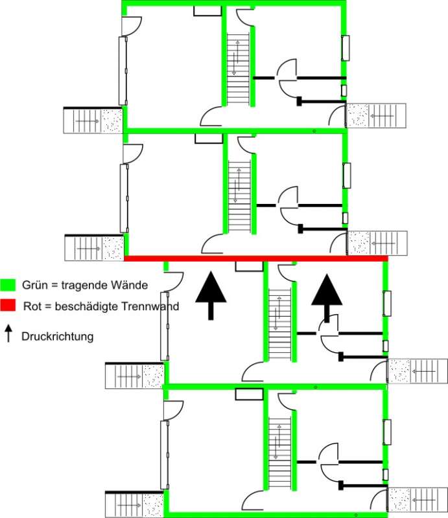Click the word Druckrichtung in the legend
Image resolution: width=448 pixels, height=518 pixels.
point(58,336)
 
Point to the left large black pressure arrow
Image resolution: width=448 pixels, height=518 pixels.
point(211,295)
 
